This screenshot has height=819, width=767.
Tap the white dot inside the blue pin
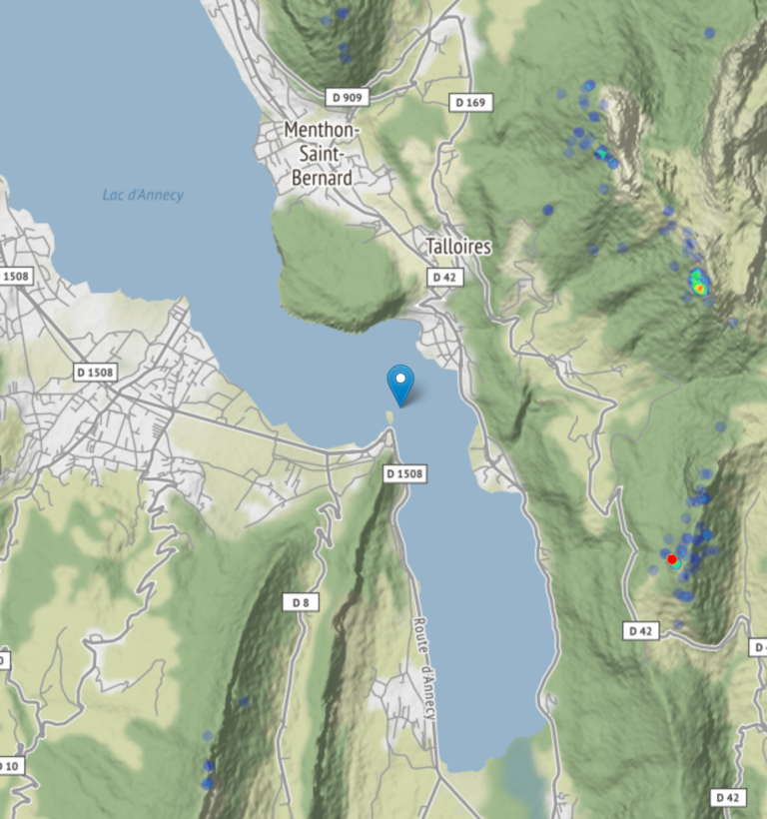(x=400, y=378)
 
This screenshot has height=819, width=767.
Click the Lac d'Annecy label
(x=143, y=195)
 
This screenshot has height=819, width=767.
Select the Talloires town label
(x=458, y=246)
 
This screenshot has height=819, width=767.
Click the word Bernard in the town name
(x=322, y=178)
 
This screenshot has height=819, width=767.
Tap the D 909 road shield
(x=348, y=97)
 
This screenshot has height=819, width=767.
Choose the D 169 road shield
(x=471, y=102)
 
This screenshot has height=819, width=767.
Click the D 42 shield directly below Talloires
(x=445, y=277)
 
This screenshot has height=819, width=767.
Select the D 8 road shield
(x=301, y=602)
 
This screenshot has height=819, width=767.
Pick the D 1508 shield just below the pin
(x=405, y=472)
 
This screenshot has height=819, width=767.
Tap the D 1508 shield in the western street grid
(x=96, y=373)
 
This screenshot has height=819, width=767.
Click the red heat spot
(x=672, y=558)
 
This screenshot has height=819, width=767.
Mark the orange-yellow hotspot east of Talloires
(x=699, y=288)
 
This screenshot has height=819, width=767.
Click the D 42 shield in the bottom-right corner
(x=730, y=797)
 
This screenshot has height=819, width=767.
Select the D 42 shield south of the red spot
(x=642, y=630)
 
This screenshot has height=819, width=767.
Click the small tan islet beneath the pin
(x=389, y=418)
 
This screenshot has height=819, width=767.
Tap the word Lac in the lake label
(x=114, y=195)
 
